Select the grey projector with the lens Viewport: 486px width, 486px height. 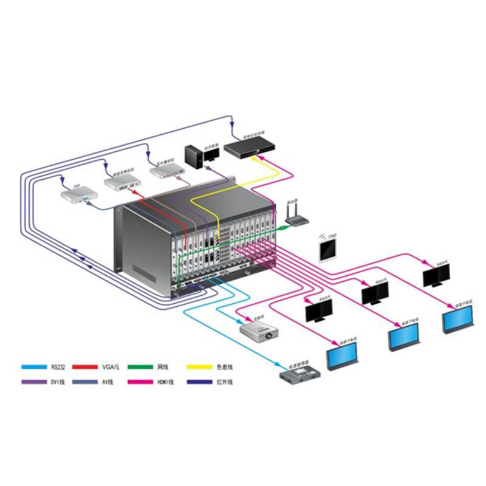(x=261, y=332)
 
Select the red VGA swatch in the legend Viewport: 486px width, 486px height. (x=86, y=367)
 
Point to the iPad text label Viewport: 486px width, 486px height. (x=332, y=234)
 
